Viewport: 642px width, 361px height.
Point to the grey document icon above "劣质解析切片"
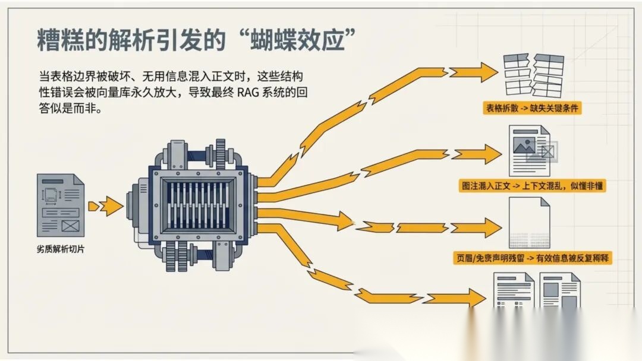tap(61, 205)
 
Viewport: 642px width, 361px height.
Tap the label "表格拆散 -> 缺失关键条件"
tap(533, 108)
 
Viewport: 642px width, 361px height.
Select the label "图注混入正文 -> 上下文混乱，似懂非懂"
tap(533, 185)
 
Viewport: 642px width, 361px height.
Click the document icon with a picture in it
tap(530, 151)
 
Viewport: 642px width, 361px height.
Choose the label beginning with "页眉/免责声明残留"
tap(533, 257)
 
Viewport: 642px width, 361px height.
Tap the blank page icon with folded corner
tap(529, 223)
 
